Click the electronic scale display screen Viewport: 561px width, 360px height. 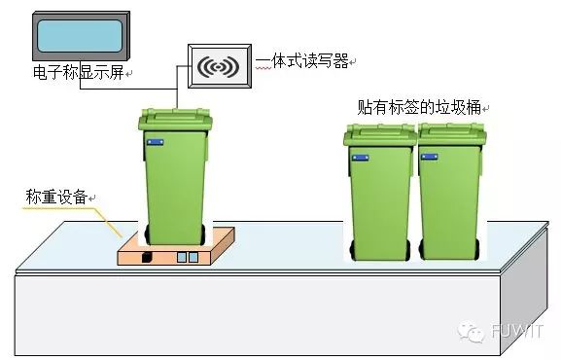80,38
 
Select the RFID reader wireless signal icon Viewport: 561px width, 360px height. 219,67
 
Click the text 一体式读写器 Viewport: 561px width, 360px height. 301,62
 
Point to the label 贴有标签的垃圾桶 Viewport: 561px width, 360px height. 419,106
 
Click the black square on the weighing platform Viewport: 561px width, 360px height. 147,257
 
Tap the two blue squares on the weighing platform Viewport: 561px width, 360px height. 187,257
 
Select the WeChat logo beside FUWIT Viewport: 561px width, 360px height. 474,334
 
